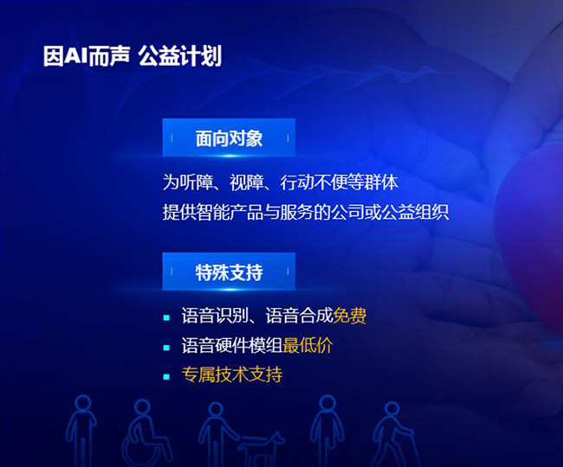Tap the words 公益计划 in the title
coord(180,56)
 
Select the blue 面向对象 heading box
coord(229,138)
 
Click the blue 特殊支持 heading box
coord(229,272)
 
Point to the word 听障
coord(197,182)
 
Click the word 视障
coord(247,182)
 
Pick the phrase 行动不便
coord(314,182)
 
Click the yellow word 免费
coord(350,316)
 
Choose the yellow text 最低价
coord(307,346)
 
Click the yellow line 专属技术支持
coord(232,374)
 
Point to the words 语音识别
coord(215,316)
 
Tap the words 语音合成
coord(299,316)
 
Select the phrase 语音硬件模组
coord(232,346)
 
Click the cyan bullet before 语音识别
coord(166,317)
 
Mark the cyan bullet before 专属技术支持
coord(166,377)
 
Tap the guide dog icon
coord(260,448)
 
